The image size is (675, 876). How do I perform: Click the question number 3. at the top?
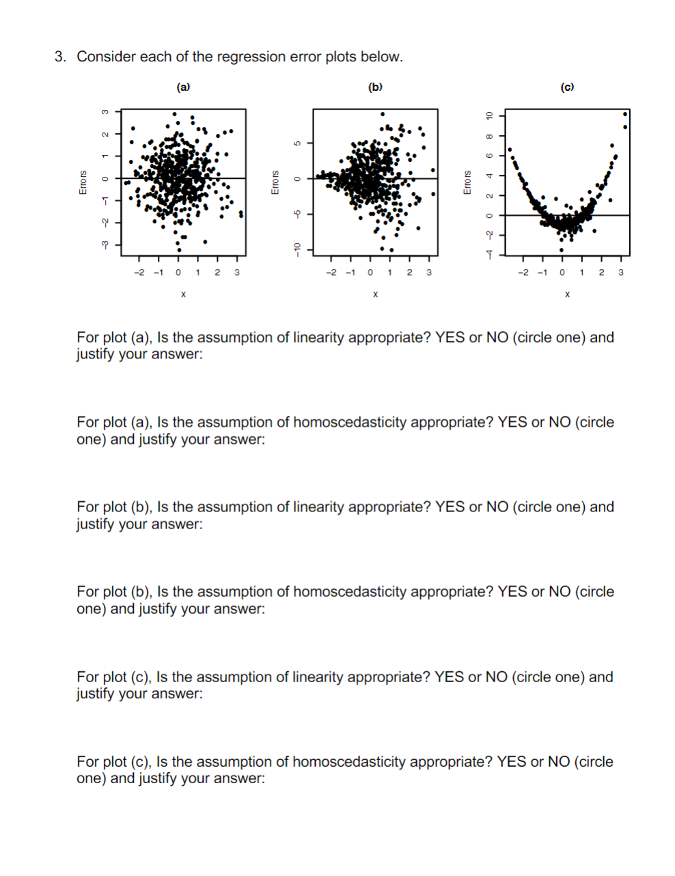pyautogui.click(x=61, y=57)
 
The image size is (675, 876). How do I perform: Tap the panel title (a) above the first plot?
pyautogui.click(x=183, y=87)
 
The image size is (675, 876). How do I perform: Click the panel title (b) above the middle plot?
pyautogui.click(x=375, y=87)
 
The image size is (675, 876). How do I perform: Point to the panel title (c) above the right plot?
pyautogui.click(x=567, y=87)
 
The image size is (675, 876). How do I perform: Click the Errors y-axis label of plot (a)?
pyautogui.click(x=83, y=182)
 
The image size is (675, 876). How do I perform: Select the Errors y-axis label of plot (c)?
pyautogui.click(x=467, y=182)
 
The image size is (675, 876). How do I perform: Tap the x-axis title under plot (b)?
pyautogui.click(x=375, y=294)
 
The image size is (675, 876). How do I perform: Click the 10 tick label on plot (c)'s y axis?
pyautogui.click(x=488, y=115)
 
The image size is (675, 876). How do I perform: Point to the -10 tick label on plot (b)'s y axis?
pyautogui.click(x=296, y=249)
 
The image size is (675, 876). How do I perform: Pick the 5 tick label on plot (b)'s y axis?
pyautogui.click(x=296, y=143)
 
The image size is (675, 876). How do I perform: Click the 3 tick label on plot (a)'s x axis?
pyautogui.click(x=237, y=272)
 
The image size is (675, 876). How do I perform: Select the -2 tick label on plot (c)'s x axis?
pyautogui.click(x=523, y=272)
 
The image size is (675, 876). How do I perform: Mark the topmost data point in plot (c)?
pyautogui.click(x=626, y=114)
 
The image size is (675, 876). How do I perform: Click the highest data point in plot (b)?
pyautogui.click(x=383, y=113)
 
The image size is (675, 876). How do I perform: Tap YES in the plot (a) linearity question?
pyautogui.click(x=450, y=337)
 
